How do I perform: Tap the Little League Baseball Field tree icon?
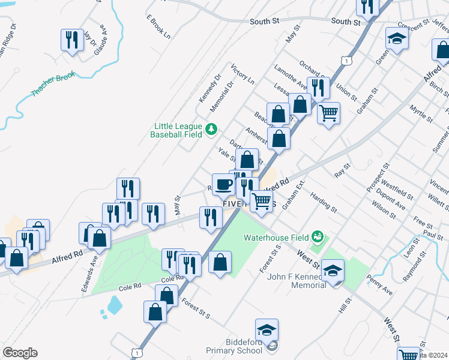[x=211, y=128]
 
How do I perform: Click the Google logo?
[x=20, y=353]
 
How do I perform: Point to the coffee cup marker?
[x=223, y=183]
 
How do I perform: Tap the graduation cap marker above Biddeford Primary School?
[x=267, y=330]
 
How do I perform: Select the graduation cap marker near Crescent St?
[x=397, y=39]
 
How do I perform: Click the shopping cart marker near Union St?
[x=328, y=112]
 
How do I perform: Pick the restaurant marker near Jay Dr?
[x=72, y=40]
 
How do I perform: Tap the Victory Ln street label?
[x=243, y=74]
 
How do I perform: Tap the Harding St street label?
[x=323, y=202]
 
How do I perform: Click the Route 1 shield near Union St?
[x=345, y=60]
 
